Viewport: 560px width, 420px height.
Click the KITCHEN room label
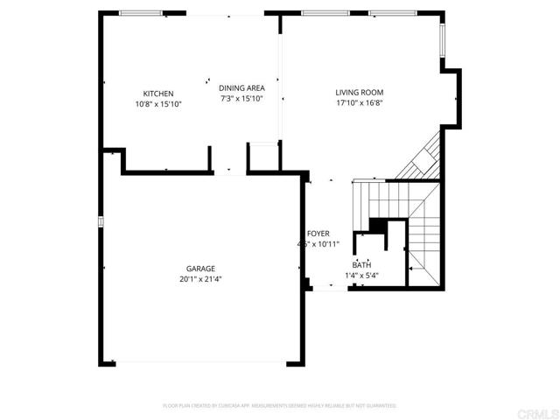coord(158,94)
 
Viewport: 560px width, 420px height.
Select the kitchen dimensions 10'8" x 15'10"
coord(158,104)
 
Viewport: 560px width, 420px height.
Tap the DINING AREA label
coord(241,87)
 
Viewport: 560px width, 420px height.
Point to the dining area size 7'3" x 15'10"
coord(241,99)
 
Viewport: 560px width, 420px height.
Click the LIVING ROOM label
coord(360,92)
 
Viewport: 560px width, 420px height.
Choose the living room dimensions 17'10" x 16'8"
coord(360,103)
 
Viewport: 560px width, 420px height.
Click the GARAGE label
coord(200,269)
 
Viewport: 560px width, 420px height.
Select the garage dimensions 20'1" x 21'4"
coord(200,280)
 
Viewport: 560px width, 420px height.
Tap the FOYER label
coord(318,234)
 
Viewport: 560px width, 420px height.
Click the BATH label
coord(361,265)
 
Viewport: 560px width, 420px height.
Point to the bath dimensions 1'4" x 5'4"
coord(361,276)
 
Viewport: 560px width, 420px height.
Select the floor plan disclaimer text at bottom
coord(280,406)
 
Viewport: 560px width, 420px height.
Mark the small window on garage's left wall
coord(101,221)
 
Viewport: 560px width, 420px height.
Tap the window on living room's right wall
coord(444,38)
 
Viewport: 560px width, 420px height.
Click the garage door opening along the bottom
coord(200,363)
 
